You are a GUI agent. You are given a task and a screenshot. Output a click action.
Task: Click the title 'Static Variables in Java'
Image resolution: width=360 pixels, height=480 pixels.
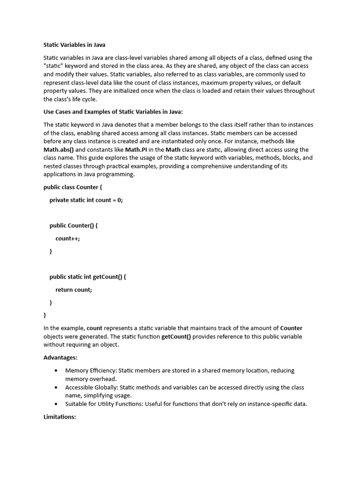click(74, 45)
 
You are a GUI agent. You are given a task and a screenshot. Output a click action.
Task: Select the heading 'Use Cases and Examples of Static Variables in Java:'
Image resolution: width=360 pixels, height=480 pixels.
click(113, 112)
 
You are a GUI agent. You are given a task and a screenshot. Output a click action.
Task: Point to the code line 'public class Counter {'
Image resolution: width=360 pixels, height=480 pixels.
click(73, 187)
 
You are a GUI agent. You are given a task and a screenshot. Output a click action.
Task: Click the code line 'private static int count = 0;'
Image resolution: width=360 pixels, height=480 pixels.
click(86, 200)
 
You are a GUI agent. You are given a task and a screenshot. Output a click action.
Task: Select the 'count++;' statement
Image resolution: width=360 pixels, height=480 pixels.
click(67, 238)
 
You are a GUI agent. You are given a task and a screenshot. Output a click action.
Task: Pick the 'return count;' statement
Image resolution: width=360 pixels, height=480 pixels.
click(74, 290)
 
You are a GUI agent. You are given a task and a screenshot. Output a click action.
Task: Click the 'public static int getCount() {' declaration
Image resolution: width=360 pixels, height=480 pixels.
click(88, 277)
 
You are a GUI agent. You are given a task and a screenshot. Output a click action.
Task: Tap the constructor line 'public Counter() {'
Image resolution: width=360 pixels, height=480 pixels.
click(74, 225)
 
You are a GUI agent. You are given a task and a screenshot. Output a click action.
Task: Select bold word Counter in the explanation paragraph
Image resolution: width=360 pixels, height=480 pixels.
click(291, 328)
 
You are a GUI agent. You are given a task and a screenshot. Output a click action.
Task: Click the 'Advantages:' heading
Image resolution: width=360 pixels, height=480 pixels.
click(60, 358)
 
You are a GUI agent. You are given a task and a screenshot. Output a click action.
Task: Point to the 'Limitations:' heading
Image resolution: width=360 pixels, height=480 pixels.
click(60, 417)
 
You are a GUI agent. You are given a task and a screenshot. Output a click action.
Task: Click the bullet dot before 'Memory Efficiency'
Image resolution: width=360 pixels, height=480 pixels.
click(56, 370)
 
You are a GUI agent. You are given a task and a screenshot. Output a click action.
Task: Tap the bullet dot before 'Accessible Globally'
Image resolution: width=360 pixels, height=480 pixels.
click(56, 387)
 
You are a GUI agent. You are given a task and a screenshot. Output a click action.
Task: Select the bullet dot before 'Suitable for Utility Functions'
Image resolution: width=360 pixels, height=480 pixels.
click(56, 404)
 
